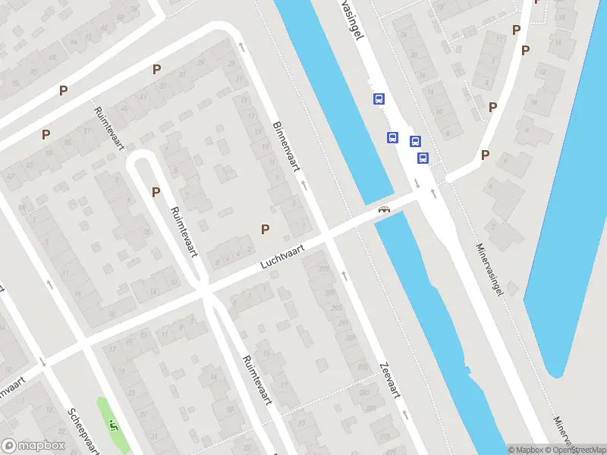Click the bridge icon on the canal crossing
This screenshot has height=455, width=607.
[385, 209]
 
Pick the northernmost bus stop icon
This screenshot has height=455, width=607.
[379, 99]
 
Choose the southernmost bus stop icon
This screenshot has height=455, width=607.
[423, 158]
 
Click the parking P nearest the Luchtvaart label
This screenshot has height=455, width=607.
[266, 229]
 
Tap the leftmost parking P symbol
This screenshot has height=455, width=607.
[46, 134]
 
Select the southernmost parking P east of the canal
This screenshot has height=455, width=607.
[485, 155]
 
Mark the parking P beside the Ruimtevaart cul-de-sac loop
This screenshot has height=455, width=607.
[156, 192]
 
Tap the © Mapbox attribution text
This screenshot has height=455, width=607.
[528, 450]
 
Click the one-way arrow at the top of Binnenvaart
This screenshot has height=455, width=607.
[242, 47]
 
